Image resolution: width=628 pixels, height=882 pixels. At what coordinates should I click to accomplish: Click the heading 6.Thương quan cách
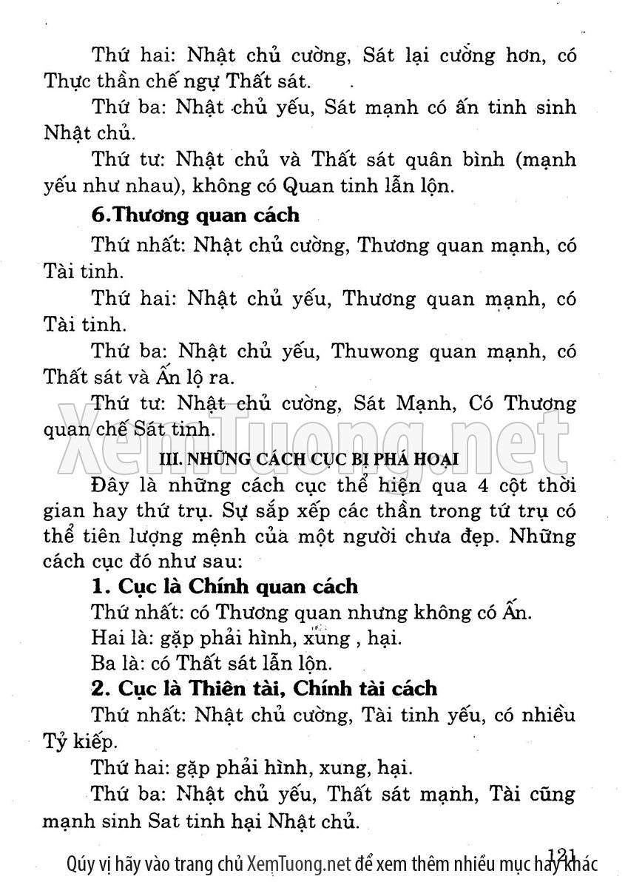tap(195, 215)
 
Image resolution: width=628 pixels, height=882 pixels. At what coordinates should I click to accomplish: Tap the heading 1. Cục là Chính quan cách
tap(225, 586)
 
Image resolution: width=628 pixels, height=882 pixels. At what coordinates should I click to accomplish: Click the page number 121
tap(562, 854)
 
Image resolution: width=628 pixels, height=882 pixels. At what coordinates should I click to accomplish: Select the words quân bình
tap(470, 160)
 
